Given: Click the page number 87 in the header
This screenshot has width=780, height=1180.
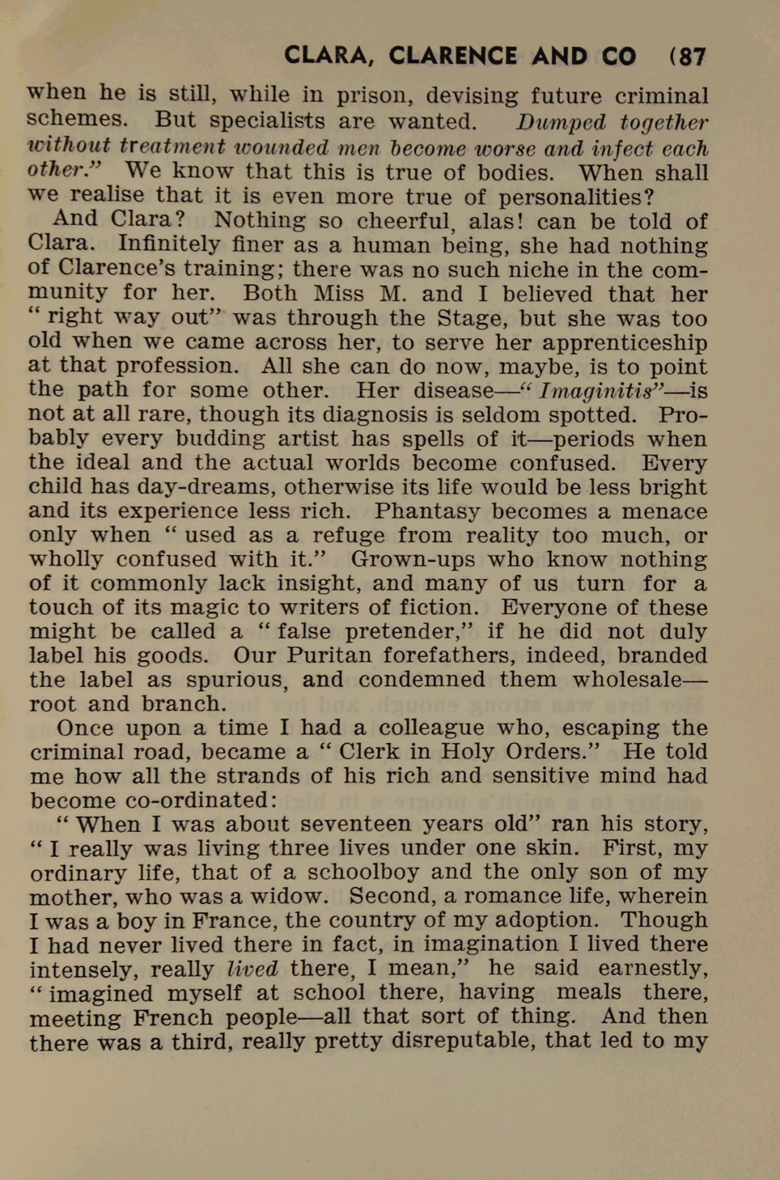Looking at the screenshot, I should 692,56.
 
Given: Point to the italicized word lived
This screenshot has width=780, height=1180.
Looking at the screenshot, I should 253,969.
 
